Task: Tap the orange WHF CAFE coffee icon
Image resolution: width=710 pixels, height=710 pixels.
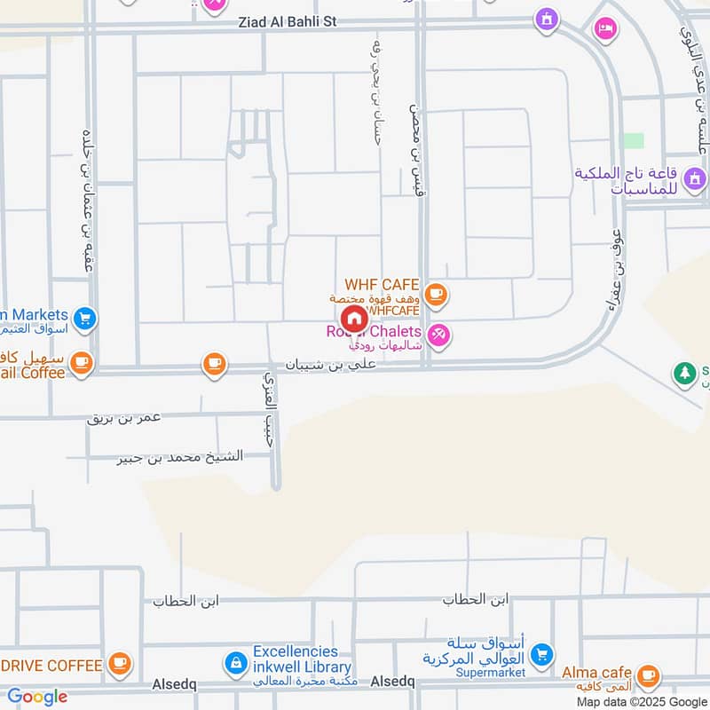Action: pos(435,294)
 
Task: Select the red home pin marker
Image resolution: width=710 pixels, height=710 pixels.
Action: pos(353,319)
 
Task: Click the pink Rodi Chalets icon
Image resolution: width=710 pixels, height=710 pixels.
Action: pos(438,335)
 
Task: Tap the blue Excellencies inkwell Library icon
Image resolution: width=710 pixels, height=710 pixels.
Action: pos(235,661)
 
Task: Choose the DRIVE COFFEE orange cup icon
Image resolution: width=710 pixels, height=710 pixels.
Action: pos(119,663)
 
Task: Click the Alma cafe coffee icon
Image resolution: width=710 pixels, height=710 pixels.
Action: pos(649,674)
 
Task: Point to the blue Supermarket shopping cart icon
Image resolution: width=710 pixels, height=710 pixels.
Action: pos(540,655)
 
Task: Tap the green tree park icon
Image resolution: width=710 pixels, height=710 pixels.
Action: pos(683,374)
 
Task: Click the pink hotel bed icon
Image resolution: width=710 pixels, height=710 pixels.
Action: pos(604,29)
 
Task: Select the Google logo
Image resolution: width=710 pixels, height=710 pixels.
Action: pos(37,697)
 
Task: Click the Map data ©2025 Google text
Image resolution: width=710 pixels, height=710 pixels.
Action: pos(641,701)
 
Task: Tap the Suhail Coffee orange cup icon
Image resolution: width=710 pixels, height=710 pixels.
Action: pos(81,362)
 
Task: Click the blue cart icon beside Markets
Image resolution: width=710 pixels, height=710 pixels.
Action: pos(85,317)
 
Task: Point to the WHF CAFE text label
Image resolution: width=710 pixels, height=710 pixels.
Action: pos(382,285)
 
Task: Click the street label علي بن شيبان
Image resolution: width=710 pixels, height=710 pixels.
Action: pos(331,364)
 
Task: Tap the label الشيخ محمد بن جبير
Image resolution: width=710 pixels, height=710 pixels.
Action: pos(180,456)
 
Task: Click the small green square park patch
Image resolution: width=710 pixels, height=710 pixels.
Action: pos(633,141)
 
